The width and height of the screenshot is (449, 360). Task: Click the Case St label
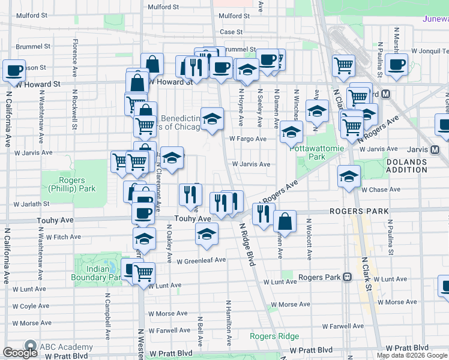pyautogui.click(x=231, y=32)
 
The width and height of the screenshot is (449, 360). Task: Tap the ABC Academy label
pyautogui.click(x=66, y=347)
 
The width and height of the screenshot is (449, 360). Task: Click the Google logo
pyautogui.click(x=20, y=353)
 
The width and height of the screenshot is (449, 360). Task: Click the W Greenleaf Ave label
pyautogui.click(x=200, y=260)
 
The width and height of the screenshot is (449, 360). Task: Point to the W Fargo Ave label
pyautogui.click(x=247, y=139)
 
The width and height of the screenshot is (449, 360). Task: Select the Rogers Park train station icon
pyautogui.click(x=347, y=277)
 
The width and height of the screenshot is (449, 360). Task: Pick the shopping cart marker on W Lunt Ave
pyautogui.click(x=144, y=273)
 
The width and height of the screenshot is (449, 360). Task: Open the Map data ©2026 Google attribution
pyautogui.click(x=412, y=355)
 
